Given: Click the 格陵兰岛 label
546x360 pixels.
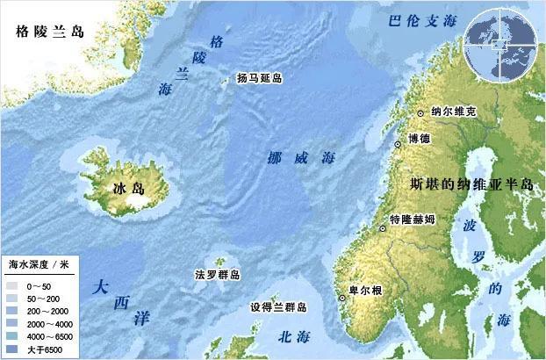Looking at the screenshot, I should [x=50, y=32].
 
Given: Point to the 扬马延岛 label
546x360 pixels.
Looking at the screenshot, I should [x=260, y=78].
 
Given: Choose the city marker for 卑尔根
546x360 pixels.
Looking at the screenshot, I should [x=341, y=297].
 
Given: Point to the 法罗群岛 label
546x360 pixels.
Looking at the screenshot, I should [x=218, y=275].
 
